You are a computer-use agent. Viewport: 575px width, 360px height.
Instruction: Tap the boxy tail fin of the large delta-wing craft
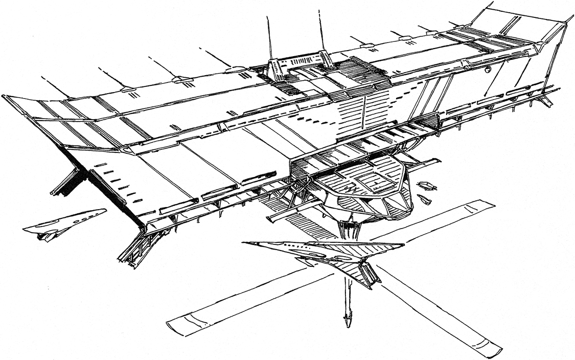[x=369, y=274]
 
